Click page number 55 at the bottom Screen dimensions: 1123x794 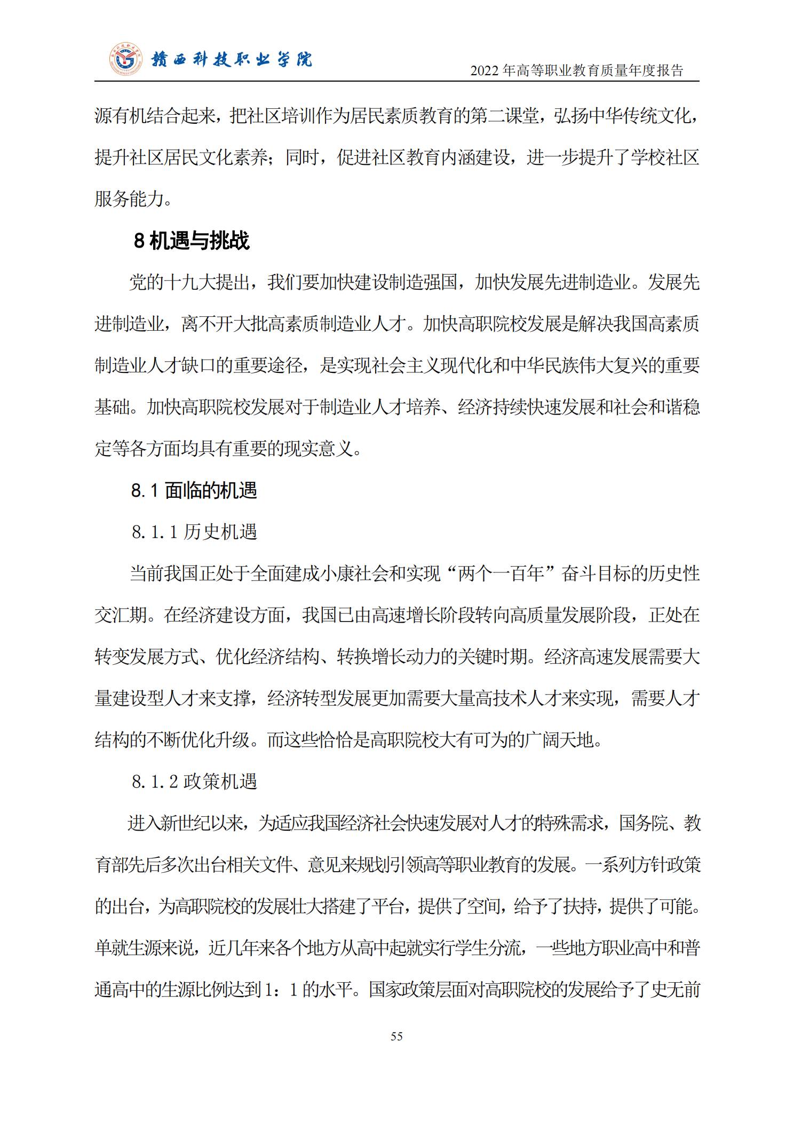tap(396, 1036)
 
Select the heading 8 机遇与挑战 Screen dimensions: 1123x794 tap(191, 241)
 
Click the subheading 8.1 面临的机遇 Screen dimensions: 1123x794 tap(194, 490)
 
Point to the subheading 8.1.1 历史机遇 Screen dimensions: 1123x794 tap(195, 532)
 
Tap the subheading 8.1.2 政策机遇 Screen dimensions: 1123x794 tap(195, 782)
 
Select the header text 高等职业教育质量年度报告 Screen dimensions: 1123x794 tap(599, 70)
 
